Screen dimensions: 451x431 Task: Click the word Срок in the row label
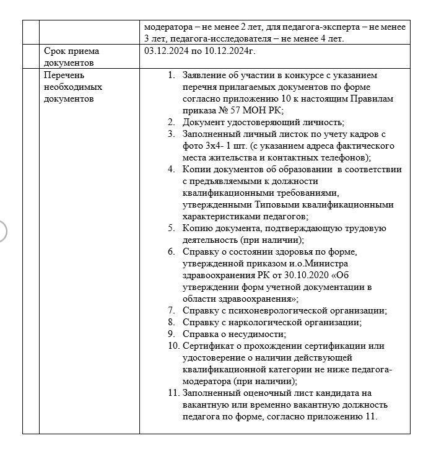pos(55,51)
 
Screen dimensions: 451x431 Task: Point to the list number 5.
pos(171,228)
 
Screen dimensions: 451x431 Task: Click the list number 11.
pos(173,393)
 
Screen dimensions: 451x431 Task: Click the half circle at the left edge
pos(2,230)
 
